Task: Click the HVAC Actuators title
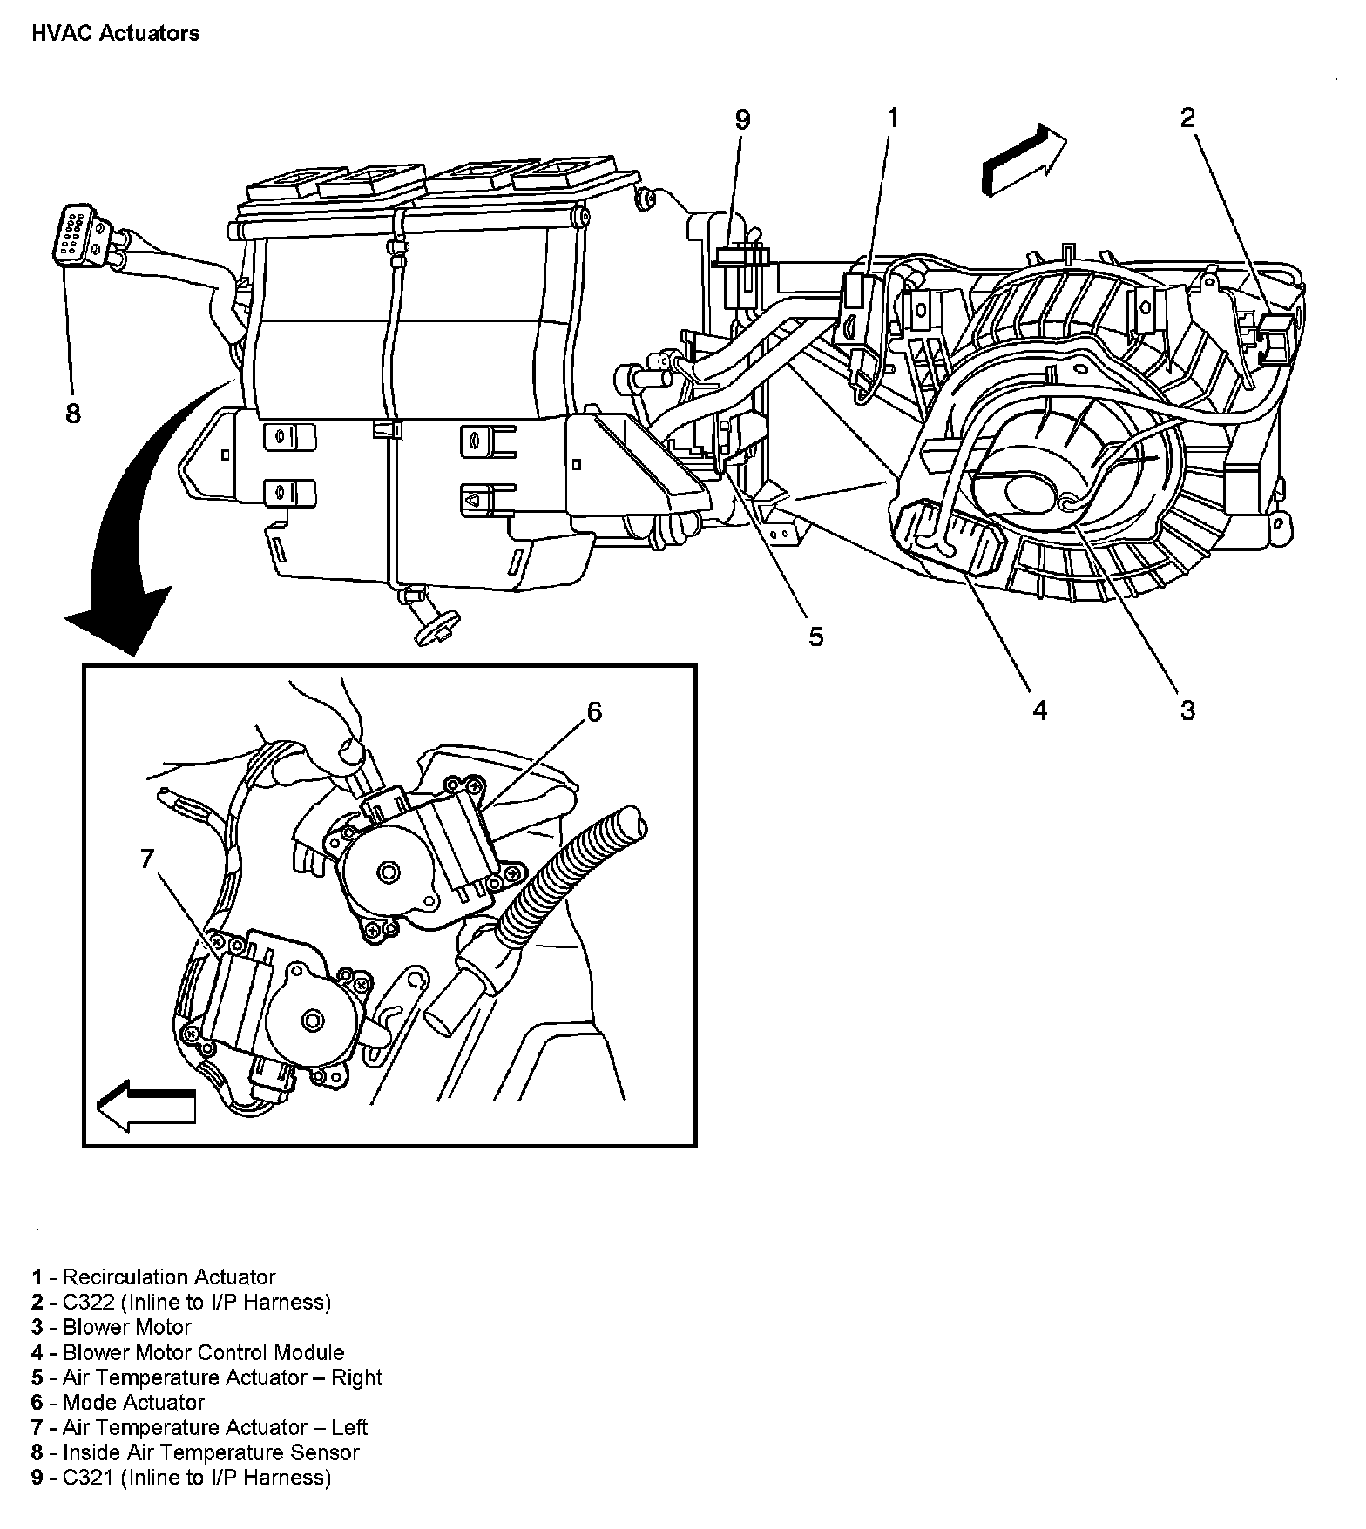point(115,34)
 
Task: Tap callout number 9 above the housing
point(741,120)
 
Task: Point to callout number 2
point(1188,118)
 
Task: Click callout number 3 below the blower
point(1188,711)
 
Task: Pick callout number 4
point(1039,711)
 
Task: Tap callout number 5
point(815,637)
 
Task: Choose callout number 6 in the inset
point(593,712)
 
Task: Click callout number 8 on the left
point(73,413)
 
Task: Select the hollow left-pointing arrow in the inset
point(146,1107)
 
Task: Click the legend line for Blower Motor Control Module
point(188,1352)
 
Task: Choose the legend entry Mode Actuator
point(118,1402)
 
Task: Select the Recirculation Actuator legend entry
point(154,1277)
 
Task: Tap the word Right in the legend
point(357,1377)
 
